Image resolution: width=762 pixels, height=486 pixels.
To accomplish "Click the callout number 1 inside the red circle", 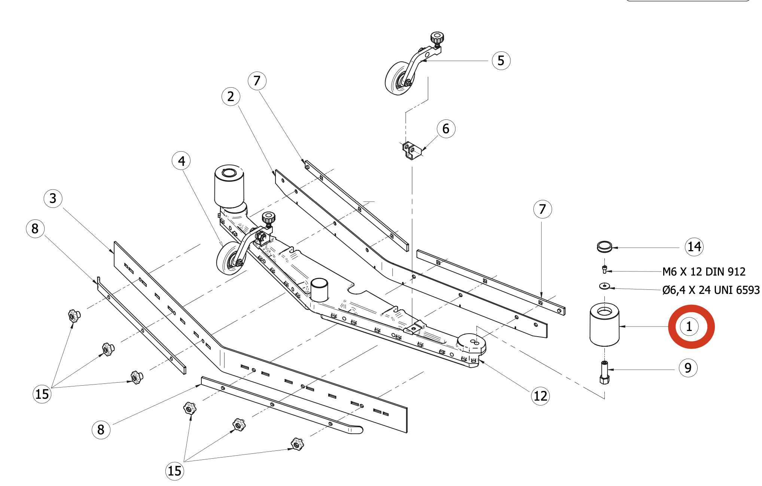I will tap(689, 326).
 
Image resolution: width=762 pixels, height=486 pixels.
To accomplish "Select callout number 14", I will tap(694, 247).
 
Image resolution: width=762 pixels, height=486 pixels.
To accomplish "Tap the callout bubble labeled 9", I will tap(688, 368).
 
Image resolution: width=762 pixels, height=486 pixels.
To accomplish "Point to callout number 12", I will tap(540, 396).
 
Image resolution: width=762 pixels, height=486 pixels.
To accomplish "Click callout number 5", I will tap(501, 61).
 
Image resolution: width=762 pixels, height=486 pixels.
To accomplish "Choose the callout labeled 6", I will tap(446, 129).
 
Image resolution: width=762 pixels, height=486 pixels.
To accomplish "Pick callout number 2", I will tap(231, 97).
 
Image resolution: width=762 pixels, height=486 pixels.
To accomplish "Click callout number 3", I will tap(53, 198).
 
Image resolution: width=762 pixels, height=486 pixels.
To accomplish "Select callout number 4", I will tap(182, 161).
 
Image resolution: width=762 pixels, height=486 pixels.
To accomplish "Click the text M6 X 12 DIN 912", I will tap(704, 272).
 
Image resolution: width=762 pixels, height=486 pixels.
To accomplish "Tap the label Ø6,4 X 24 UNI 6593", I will tap(711, 290).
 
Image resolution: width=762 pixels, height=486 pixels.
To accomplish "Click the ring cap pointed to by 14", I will tap(604, 247).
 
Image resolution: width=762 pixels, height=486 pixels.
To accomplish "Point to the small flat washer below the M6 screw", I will tap(604, 286).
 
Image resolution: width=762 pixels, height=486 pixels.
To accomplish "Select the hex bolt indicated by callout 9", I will tap(604, 373).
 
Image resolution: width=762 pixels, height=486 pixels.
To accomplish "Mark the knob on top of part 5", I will tap(437, 37).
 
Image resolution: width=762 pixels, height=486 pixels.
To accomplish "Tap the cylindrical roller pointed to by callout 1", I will tap(604, 325).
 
